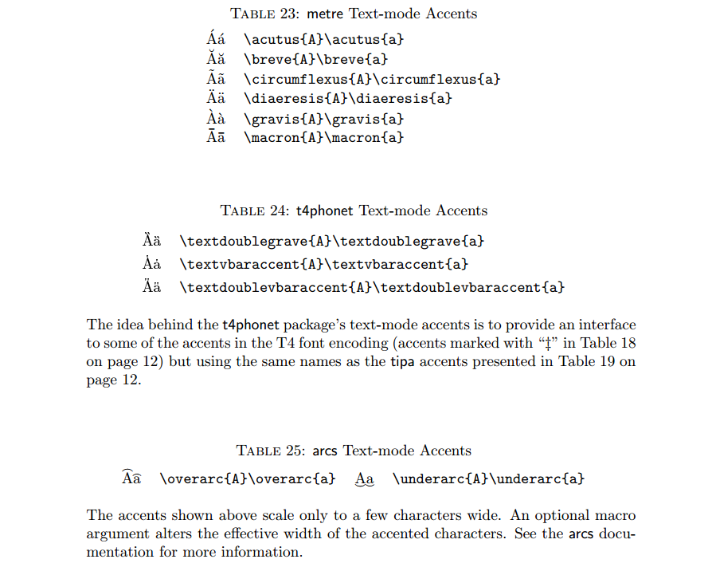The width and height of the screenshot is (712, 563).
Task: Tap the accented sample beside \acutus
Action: tap(216, 37)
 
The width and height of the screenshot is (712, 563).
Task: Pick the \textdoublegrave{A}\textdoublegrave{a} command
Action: tap(332, 241)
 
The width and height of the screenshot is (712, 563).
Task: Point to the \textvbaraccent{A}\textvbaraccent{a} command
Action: tap(324, 264)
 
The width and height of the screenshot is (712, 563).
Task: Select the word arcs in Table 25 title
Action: tap(324, 451)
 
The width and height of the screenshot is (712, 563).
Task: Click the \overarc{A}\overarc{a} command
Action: tap(247, 479)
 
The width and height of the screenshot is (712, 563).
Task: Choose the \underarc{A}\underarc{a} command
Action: tap(488, 479)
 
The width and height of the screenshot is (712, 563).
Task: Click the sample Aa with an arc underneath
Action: tap(364, 480)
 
